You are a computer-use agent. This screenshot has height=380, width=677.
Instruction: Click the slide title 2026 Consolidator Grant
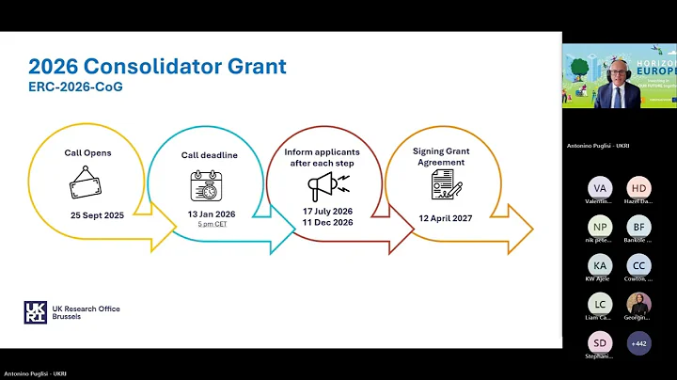point(157,67)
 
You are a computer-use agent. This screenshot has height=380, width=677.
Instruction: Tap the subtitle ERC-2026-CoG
point(74,87)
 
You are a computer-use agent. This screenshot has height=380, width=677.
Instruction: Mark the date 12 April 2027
point(444,218)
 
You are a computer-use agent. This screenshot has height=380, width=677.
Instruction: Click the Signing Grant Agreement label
point(439,156)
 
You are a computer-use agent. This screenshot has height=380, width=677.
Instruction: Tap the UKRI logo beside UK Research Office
point(34,312)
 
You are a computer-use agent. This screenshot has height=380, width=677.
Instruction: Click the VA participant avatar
point(600,188)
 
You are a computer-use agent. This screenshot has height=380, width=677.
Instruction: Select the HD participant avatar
point(638,188)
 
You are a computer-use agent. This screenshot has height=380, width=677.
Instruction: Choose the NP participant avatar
point(600,227)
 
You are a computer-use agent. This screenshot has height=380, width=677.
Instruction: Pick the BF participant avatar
point(638,227)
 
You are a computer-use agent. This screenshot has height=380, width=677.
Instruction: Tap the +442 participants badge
point(638,343)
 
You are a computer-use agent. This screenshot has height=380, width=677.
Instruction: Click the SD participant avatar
point(600,343)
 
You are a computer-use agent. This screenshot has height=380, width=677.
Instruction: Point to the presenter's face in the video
point(618,76)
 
